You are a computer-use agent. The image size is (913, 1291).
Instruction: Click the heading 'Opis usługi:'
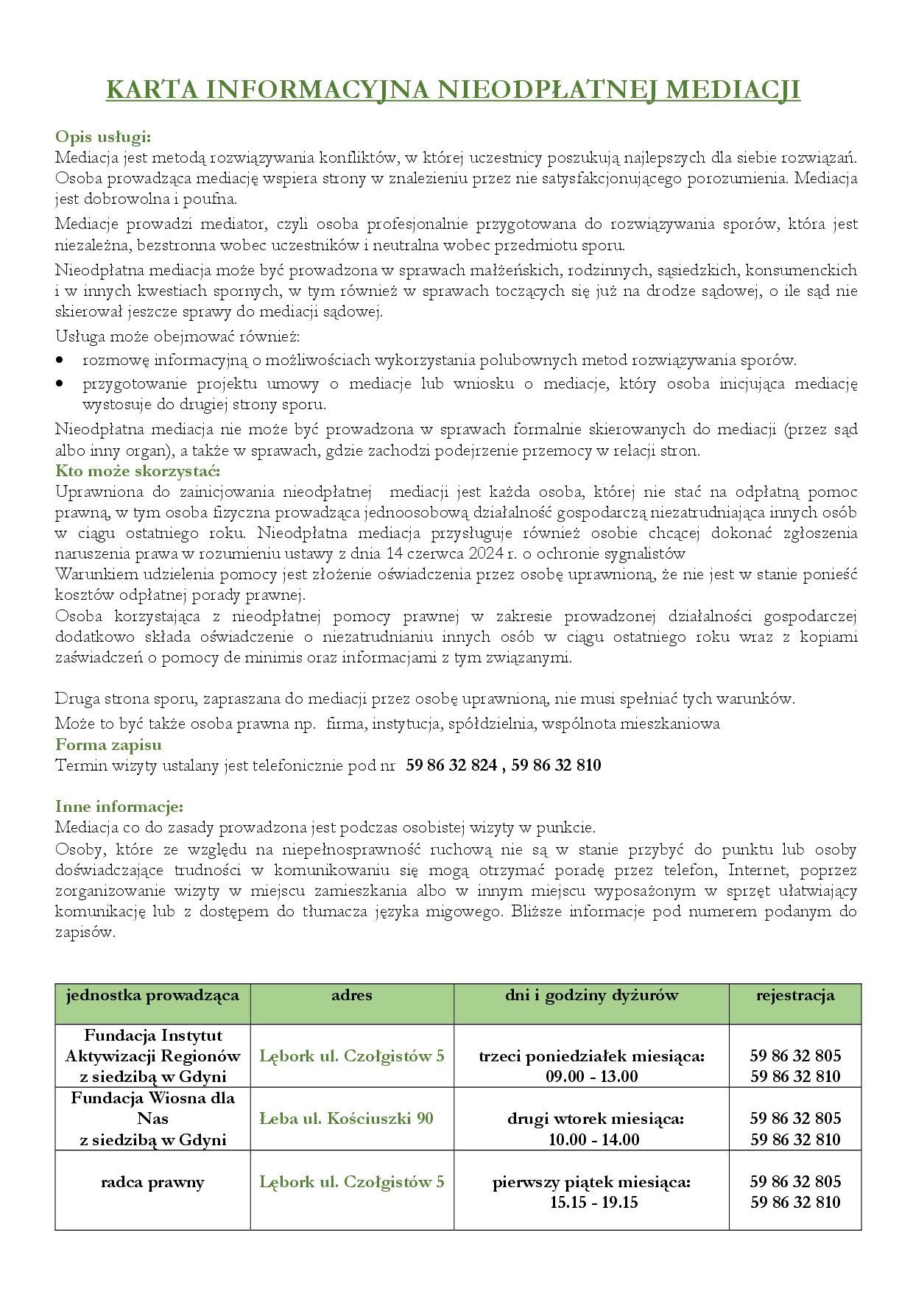click(x=103, y=137)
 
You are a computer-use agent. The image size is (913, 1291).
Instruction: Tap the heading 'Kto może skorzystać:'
click(x=138, y=471)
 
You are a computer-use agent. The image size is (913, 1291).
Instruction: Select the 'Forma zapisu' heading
click(x=108, y=745)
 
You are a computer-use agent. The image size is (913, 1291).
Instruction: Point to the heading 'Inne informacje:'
click(x=119, y=807)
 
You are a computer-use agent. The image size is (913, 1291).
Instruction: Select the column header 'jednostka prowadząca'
click(x=152, y=996)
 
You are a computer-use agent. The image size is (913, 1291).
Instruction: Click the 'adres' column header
click(x=352, y=996)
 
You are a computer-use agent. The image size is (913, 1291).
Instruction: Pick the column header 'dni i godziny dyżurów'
click(x=591, y=996)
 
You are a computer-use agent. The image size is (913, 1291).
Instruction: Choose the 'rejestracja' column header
click(x=795, y=996)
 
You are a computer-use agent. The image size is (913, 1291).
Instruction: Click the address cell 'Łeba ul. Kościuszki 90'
click(x=346, y=1119)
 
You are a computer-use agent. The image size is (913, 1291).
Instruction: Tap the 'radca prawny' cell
click(x=152, y=1182)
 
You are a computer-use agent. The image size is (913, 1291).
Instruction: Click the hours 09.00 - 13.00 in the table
click(x=592, y=1076)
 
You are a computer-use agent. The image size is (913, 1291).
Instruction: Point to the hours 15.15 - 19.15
click(x=592, y=1203)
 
